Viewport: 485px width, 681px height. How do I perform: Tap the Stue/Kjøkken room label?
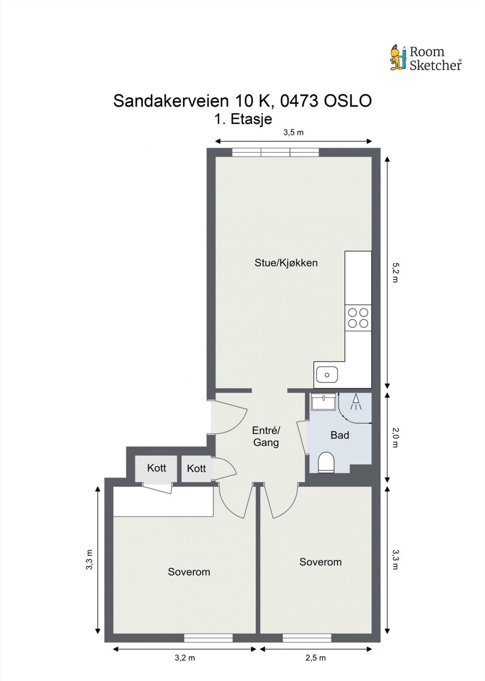[x=286, y=263]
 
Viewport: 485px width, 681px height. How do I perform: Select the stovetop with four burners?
[x=358, y=318]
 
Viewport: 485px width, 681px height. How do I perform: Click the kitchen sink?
[x=327, y=375]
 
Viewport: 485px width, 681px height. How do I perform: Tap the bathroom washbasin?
[x=323, y=401]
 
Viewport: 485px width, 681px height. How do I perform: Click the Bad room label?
[x=340, y=435]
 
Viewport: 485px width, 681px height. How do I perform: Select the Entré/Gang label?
[x=266, y=436]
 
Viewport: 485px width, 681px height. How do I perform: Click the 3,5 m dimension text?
[x=293, y=132]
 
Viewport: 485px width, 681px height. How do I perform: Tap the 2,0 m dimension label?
[x=394, y=438]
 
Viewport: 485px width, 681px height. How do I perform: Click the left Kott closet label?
[x=157, y=468]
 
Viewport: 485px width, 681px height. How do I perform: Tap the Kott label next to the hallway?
[x=197, y=468]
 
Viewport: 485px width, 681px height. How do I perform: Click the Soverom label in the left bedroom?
[x=189, y=572]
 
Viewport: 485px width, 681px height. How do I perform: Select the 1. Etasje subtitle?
[x=243, y=119]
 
